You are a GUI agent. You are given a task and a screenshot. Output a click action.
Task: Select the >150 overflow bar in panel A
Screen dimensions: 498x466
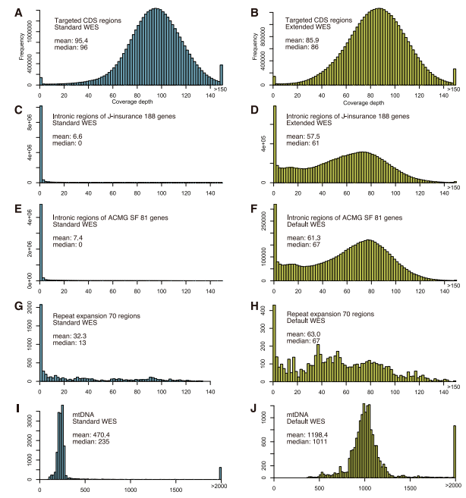click(221, 73)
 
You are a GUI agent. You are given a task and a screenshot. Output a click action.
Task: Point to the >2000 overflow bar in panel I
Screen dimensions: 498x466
click(221, 473)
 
